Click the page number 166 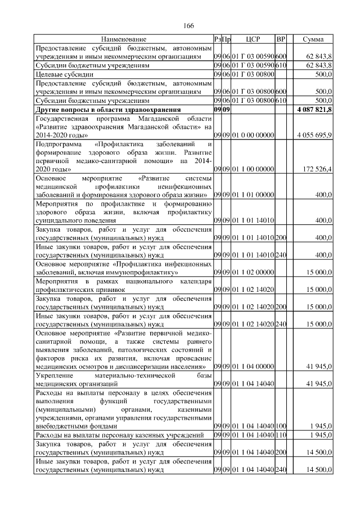tap(189, 26)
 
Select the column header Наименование tap(124, 39)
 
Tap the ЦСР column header tap(252, 39)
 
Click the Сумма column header tap(313, 39)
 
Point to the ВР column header tap(281, 39)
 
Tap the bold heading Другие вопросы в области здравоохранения tap(108, 109)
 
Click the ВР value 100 tap(281, 426)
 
